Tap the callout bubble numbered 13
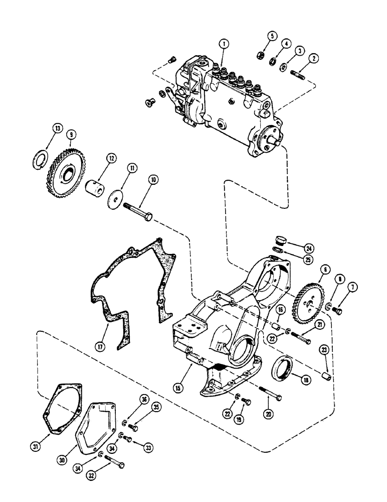[x=58, y=129]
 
